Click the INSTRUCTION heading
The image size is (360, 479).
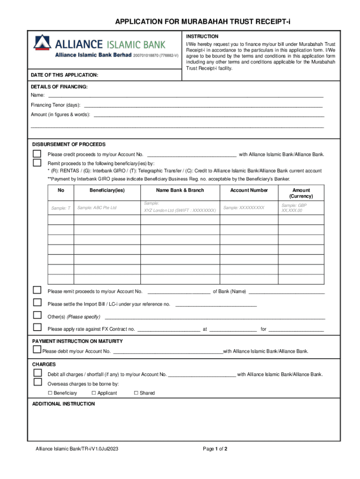(x=202, y=36)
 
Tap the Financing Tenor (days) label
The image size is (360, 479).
(x=55, y=105)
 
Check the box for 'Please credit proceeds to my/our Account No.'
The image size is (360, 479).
(x=37, y=154)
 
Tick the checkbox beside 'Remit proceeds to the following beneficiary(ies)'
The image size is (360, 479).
(x=37, y=163)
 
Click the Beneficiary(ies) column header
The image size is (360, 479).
(x=107, y=190)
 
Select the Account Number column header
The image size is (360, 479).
(x=249, y=190)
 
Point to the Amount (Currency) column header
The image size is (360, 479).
(x=301, y=193)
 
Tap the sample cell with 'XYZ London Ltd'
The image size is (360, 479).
(x=180, y=210)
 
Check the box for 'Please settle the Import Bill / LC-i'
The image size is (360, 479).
(x=37, y=303)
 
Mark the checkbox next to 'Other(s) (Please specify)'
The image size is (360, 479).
(x=37, y=315)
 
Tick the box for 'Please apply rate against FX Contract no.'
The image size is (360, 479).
(x=37, y=327)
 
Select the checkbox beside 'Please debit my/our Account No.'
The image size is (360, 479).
(x=37, y=349)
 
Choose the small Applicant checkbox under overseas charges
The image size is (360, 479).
(x=94, y=393)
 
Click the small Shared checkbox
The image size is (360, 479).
(x=136, y=393)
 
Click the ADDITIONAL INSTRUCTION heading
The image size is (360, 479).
(x=63, y=404)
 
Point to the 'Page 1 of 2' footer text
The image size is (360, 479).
(x=215, y=450)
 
